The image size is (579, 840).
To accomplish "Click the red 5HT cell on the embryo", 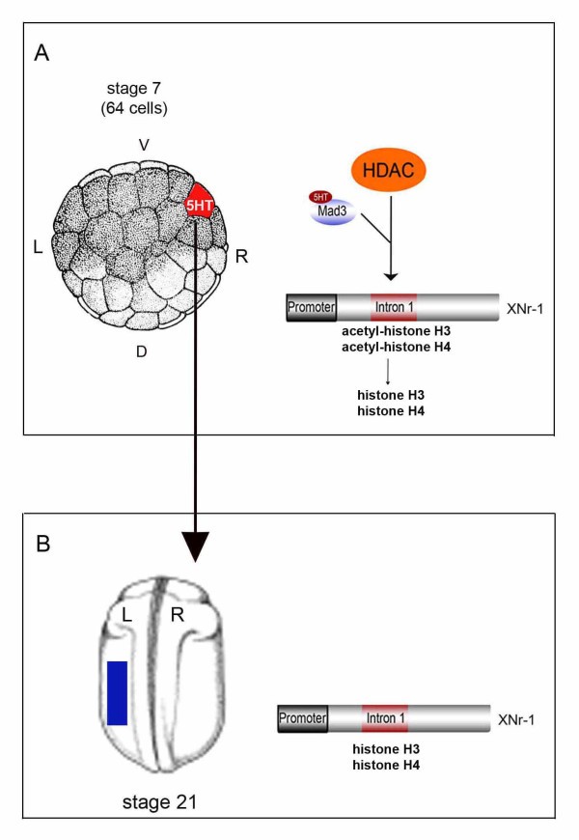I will click(x=201, y=204).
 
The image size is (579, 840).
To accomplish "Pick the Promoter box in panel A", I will click(x=312, y=308).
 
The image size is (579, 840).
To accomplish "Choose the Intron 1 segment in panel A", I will click(x=393, y=308).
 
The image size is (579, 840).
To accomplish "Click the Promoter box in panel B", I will click(x=302, y=718).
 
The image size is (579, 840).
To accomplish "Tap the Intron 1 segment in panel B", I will click(x=384, y=718).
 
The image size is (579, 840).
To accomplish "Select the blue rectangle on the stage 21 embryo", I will click(x=117, y=692).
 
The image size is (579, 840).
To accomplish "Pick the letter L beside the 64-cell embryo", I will click(x=38, y=247).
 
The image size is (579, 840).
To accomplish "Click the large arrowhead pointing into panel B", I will click(x=196, y=547).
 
